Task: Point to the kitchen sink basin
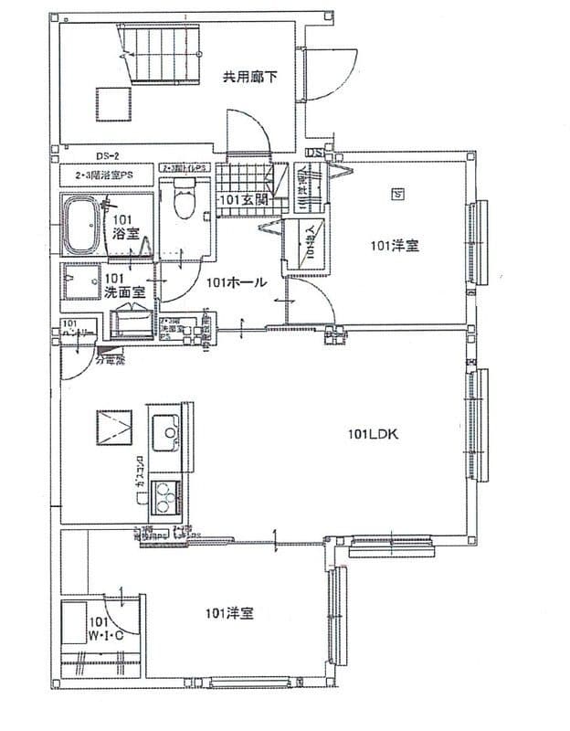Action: pyautogui.click(x=165, y=428)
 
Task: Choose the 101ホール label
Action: pyautogui.click(x=236, y=282)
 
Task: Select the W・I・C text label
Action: pyautogui.click(x=102, y=633)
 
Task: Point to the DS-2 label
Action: pyautogui.click(x=109, y=155)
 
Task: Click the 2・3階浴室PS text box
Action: pyautogui.click(x=108, y=172)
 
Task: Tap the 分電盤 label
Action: pyautogui.click(x=109, y=361)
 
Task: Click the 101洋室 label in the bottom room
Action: pyautogui.click(x=229, y=612)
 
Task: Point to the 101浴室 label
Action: pyautogui.click(x=125, y=228)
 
